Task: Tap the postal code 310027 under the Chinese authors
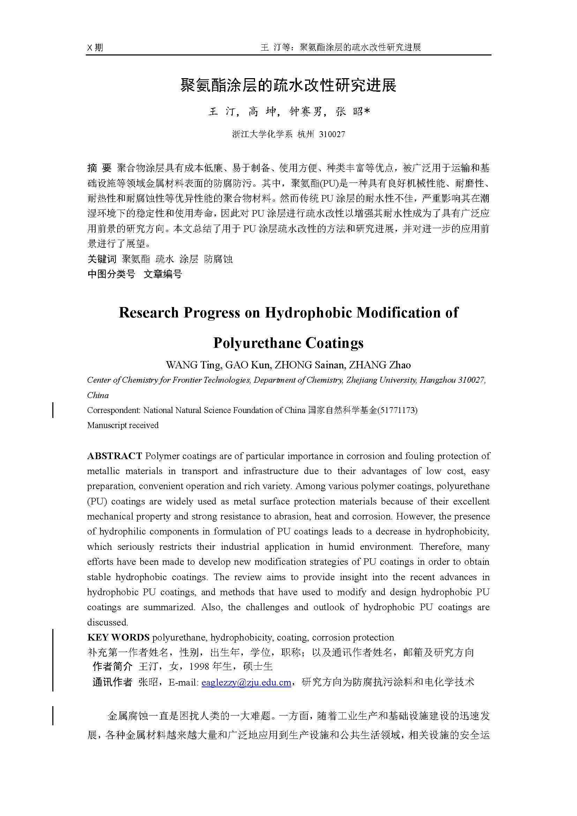point(332,134)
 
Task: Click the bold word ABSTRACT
point(114,456)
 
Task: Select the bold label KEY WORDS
point(118,637)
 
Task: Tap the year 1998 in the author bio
point(199,667)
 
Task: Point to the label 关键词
point(102,259)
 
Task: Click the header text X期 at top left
point(95,47)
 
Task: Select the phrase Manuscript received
point(122,425)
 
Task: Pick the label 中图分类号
point(111,274)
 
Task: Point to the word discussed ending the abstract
point(107,622)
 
